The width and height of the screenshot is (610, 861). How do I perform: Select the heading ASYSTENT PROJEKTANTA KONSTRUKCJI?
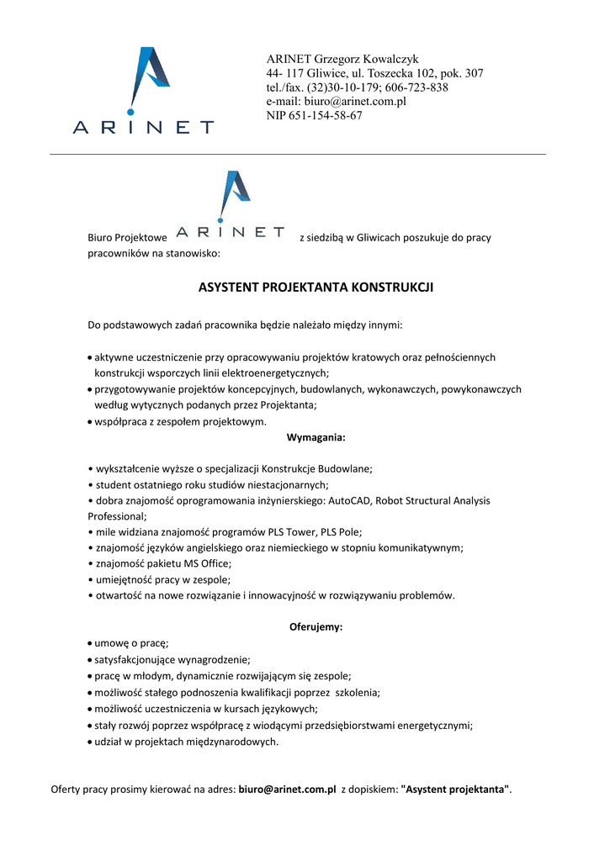click(x=316, y=288)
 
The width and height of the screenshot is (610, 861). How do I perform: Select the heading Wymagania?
click(x=316, y=437)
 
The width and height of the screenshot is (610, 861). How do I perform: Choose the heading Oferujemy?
click(x=316, y=627)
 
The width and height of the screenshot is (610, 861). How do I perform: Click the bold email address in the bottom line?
click(x=287, y=790)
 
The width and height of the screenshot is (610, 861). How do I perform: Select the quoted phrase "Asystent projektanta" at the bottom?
click(x=455, y=790)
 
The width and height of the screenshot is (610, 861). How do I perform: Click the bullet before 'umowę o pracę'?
click(x=90, y=643)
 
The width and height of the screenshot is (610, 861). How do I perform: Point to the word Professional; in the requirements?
click(x=118, y=516)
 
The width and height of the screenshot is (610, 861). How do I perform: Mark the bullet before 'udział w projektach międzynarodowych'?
click(x=90, y=742)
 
